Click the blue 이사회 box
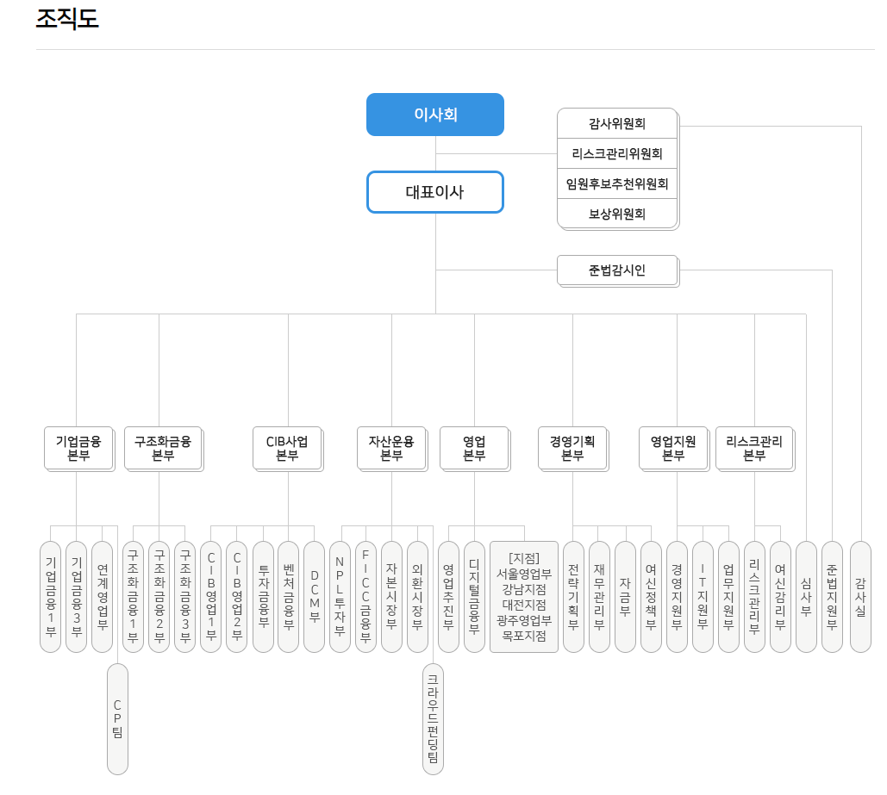pos(435,115)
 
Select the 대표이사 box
pos(435,192)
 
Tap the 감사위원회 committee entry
pos(617,123)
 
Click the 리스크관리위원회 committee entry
pos(617,153)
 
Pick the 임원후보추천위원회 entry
pos(617,183)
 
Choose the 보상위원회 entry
pos(617,214)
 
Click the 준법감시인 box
pos(617,270)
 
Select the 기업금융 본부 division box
pos(78,448)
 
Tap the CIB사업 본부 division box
pos(287,448)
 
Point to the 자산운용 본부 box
pos(391,448)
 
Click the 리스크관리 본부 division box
pos(754,448)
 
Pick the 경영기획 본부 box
pos(572,448)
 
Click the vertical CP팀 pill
pos(117,719)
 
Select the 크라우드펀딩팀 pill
pos(433,719)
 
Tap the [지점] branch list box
pos(524,596)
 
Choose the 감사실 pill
pos(860,596)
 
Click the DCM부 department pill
pos(315,596)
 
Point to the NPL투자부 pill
pos(340,596)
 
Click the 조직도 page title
pos(67,19)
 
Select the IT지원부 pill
pos(703,596)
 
